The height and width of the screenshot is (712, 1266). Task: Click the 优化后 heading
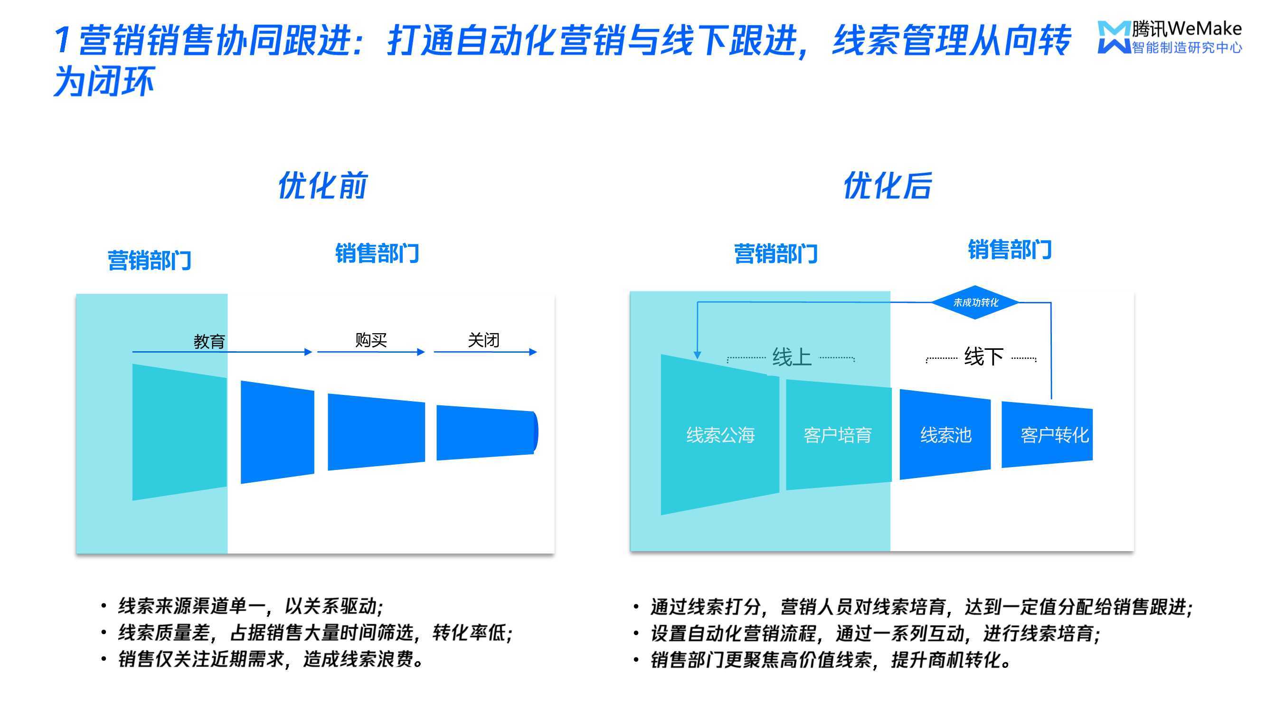(888, 185)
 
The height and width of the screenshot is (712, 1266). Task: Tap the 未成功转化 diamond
(975, 302)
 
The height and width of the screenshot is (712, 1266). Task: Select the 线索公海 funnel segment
(720, 434)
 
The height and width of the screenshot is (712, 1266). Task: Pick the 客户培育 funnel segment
(839, 434)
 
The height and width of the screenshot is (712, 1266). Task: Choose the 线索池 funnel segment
(945, 434)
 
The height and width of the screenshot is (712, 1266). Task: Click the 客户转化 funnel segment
(1047, 434)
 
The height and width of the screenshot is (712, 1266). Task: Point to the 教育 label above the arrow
(209, 341)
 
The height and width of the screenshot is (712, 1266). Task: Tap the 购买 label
(371, 339)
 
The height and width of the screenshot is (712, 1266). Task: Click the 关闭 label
(483, 339)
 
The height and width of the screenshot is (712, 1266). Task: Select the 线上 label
(791, 357)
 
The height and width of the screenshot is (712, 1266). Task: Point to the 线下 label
(983, 356)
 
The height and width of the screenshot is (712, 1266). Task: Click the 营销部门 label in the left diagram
(150, 261)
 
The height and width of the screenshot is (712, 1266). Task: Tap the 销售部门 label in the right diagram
(1010, 250)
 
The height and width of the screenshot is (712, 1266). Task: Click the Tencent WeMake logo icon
(1114, 37)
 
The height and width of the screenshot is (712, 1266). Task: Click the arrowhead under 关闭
(533, 352)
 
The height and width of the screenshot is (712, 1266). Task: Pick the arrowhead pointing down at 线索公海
(698, 355)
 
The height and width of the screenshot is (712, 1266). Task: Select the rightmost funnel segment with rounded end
(487, 432)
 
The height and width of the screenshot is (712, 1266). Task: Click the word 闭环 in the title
(121, 82)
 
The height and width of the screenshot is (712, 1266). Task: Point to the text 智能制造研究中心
(1187, 47)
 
